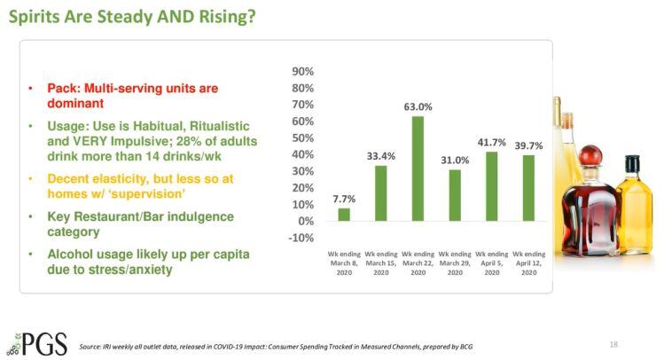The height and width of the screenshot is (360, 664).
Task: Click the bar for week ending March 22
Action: coord(418,168)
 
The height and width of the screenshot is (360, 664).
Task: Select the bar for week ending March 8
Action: coord(344,214)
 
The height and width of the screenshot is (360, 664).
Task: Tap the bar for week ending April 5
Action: coord(492,185)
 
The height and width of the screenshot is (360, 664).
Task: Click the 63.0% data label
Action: coord(418,107)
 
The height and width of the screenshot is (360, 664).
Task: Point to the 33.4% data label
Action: coord(381,156)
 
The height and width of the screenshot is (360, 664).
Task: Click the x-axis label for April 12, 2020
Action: coord(528,264)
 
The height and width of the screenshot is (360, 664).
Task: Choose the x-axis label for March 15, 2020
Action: coord(381,264)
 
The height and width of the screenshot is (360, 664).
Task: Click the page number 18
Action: coord(615,342)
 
